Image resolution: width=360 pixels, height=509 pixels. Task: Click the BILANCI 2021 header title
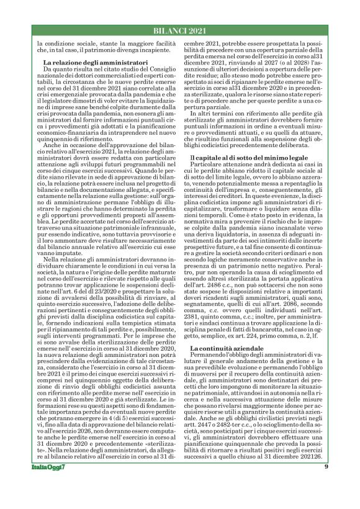coord(179,31)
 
